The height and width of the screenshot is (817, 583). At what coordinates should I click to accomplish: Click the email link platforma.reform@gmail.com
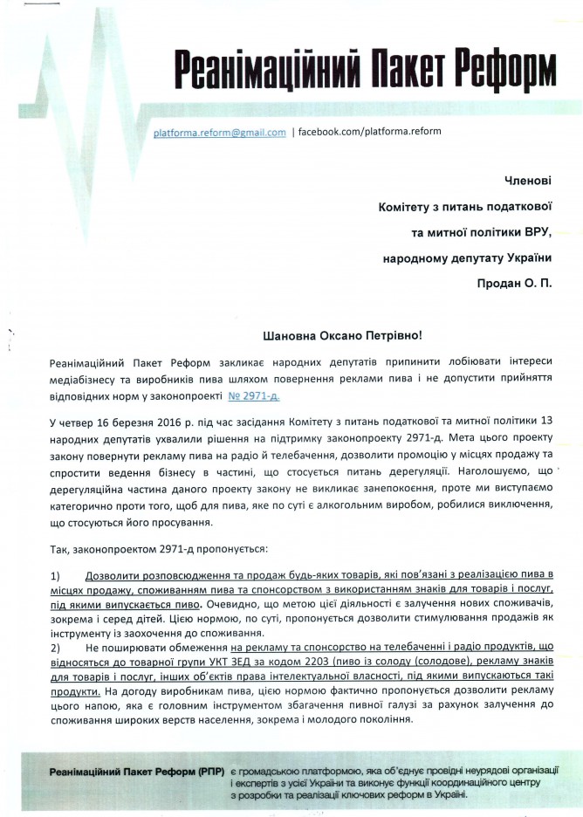click(219, 133)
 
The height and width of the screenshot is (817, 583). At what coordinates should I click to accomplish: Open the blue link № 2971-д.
click(255, 396)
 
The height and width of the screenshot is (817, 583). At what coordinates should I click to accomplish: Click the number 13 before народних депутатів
click(548, 423)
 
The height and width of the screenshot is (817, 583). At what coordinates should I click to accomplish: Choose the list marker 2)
click(55, 649)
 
